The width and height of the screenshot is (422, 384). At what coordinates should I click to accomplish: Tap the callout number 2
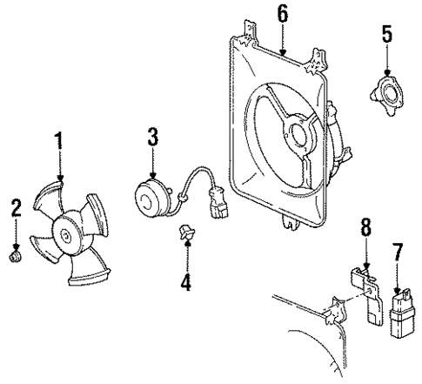click(15, 207)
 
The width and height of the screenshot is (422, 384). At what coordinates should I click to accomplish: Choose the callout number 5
click(386, 37)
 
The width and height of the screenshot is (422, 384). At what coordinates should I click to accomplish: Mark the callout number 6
click(281, 13)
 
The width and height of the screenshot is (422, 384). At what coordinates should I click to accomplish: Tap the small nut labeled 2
click(15, 258)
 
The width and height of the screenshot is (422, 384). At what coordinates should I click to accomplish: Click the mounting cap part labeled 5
click(386, 91)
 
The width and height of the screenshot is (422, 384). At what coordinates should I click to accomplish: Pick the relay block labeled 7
click(403, 311)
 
